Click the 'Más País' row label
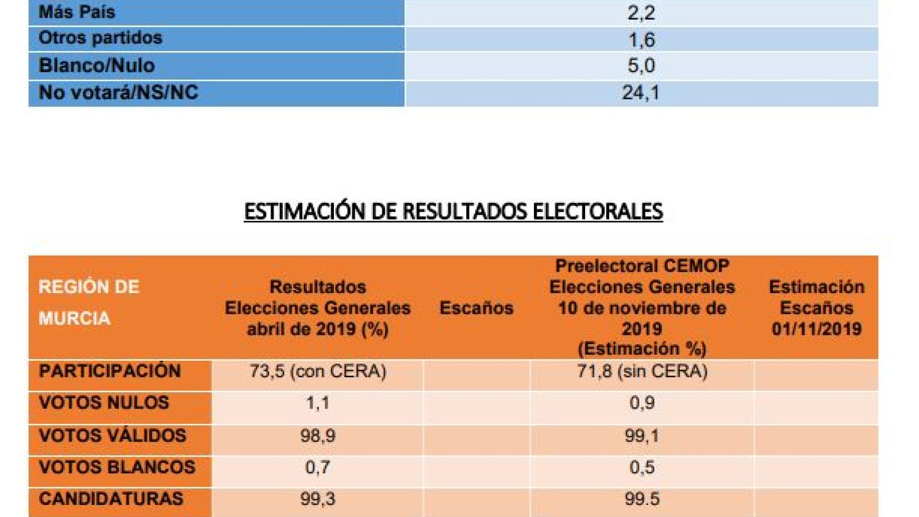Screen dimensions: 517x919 pos(77,12)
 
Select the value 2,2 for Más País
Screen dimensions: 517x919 pos(641,13)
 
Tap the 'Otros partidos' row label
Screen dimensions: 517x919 pos(101,38)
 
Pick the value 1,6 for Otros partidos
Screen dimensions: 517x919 pos(641,40)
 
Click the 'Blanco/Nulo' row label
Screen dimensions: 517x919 pos(97,65)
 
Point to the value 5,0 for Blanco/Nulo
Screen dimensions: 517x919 pos(641,65)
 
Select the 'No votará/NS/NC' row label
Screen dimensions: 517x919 pos(118,92)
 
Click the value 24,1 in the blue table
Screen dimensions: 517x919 pos(641,92)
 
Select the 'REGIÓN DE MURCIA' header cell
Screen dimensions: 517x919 pos(89,303)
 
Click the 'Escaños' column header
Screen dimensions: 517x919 pos(476,308)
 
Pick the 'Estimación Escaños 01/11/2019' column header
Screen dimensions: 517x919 pos(816,308)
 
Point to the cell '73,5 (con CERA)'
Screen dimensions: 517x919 pos(318,371)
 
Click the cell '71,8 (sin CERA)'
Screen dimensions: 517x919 pos(642,371)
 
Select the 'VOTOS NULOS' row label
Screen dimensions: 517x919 pos(104,403)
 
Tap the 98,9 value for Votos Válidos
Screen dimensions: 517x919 pos(318,435)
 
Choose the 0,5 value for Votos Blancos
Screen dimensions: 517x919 pos(642,467)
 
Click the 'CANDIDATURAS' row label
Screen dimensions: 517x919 pos(111,499)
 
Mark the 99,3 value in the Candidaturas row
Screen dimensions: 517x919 pos(318,499)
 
